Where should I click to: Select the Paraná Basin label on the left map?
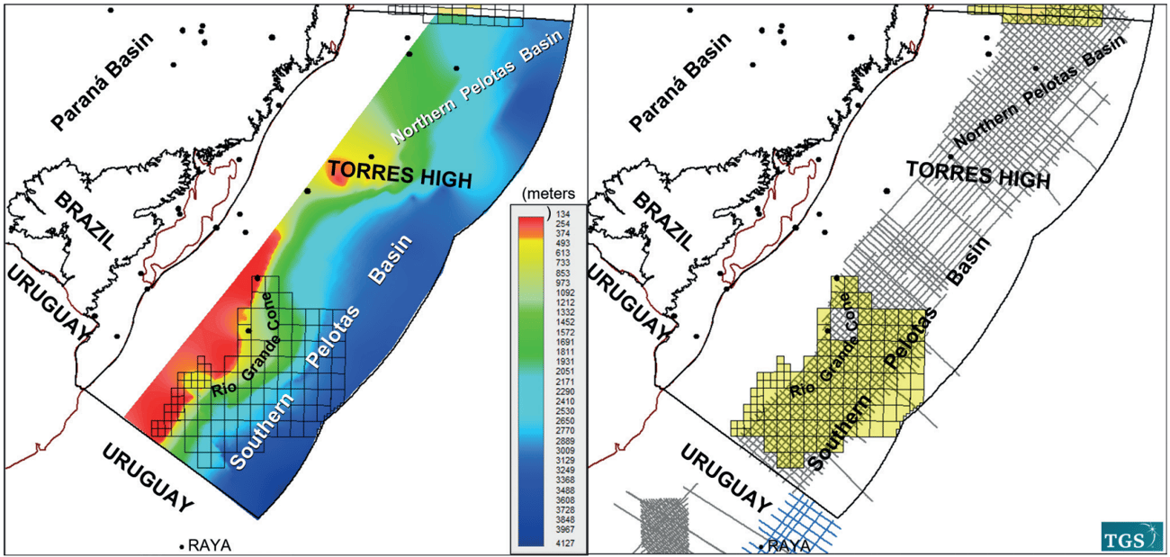click(x=102, y=80)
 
